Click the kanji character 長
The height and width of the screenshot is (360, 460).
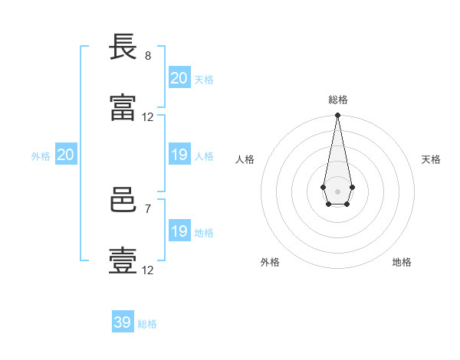click(123, 47)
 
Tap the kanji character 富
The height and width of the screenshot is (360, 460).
click(123, 107)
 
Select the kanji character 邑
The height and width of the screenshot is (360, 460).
click(123, 200)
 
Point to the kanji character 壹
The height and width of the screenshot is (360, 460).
click(123, 260)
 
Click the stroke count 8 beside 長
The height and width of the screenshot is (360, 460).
click(148, 56)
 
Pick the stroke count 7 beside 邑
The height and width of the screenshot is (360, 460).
click(148, 209)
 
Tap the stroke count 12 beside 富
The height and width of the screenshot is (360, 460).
click(147, 117)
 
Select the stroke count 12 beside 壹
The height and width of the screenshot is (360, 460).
click(147, 270)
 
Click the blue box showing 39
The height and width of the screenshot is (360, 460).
click(123, 321)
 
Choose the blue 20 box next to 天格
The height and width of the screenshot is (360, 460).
click(179, 77)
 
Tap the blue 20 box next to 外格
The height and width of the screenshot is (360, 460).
click(66, 154)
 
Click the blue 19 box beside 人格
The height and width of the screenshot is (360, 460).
click(179, 154)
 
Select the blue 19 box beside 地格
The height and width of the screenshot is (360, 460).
click(179, 230)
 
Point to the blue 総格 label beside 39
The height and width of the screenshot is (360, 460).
click(147, 324)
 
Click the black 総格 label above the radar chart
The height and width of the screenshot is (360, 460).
click(338, 100)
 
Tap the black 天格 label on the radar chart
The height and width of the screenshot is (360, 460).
click(431, 159)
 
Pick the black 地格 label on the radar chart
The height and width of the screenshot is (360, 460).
click(402, 262)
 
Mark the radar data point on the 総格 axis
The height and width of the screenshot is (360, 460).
click(337, 115)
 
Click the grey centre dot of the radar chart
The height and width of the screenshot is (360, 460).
click(337, 191)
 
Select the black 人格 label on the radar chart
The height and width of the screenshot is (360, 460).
click(245, 159)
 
